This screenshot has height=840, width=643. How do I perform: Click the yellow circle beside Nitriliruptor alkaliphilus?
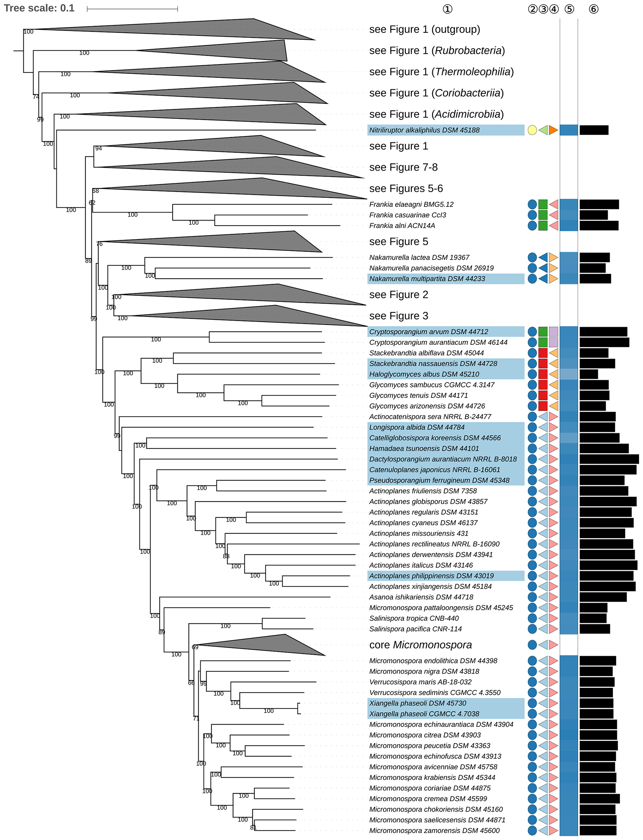pyautogui.click(x=532, y=130)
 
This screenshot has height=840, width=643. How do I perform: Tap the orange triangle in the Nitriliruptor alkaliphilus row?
pyautogui.click(x=553, y=130)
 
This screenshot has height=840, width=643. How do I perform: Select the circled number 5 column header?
pyautogui.click(x=569, y=9)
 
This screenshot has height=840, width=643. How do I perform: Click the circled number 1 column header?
pyautogui.click(x=447, y=9)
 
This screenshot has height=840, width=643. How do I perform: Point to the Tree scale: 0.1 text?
pyautogui.click(x=39, y=8)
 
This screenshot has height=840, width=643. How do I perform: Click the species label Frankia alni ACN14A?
pyautogui.click(x=402, y=226)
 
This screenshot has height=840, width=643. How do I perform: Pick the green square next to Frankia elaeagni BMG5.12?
pyautogui.click(x=543, y=204)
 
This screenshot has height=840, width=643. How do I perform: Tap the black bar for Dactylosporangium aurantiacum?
pyautogui.click(x=609, y=459)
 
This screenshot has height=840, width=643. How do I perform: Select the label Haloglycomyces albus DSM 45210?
pyautogui.click(x=424, y=374)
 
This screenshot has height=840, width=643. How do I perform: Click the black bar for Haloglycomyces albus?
pyautogui.click(x=589, y=374)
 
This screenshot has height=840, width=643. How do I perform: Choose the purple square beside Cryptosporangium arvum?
pyautogui.click(x=554, y=332)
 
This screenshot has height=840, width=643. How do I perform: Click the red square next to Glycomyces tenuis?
pyautogui.click(x=543, y=395)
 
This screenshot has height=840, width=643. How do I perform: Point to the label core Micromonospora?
pyautogui.click(x=420, y=645)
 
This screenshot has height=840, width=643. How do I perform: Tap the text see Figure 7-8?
pyautogui.click(x=404, y=167)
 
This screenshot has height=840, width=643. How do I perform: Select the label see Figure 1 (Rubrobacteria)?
pyautogui.click(x=437, y=51)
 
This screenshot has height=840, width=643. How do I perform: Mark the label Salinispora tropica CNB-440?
pyautogui.click(x=414, y=618)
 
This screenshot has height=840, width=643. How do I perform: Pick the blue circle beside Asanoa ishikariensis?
pyautogui.click(x=532, y=597)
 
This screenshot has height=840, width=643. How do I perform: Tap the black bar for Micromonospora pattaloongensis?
pyautogui.click(x=593, y=608)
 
